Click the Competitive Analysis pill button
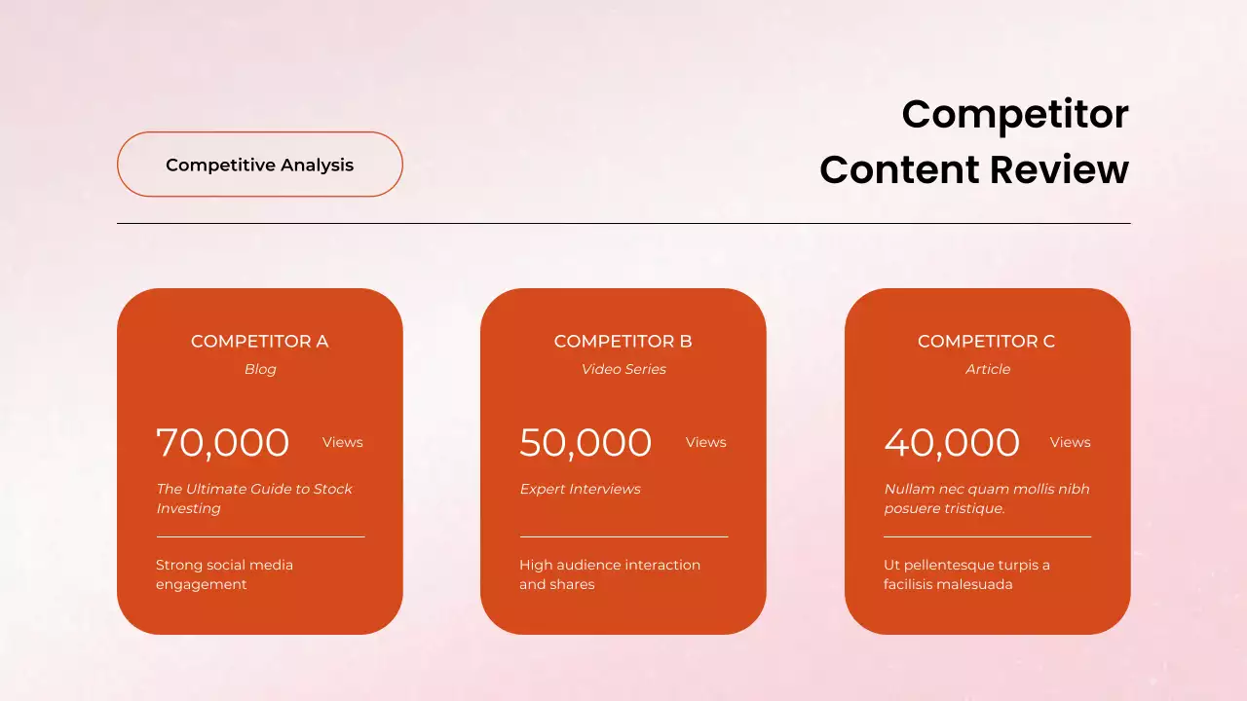point(259,165)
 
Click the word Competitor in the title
point(1014,114)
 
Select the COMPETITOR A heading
point(259,341)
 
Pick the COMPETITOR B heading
point(623,341)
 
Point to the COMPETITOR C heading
point(986,341)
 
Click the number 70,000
point(223,443)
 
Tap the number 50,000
point(586,443)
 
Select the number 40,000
point(952,443)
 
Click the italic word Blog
point(260,369)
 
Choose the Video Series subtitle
point(623,369)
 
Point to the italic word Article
point(988,369)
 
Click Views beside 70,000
point(343,442)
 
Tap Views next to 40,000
point(1070,442)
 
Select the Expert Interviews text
point(580,489)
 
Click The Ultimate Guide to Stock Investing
point(254,498)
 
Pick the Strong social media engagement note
point(224,574)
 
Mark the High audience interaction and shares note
point(610,574)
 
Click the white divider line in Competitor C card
point(987,536)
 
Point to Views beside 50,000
point(705,442)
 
